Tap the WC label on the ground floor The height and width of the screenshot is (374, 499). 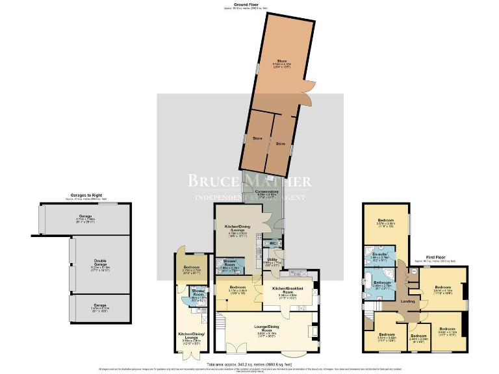(x=273, y=243)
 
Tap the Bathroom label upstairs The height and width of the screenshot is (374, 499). (x=380, y=282)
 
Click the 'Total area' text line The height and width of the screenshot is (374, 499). (x=249, y=365)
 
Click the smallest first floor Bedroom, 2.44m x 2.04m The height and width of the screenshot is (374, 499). (x=418, y=339)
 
